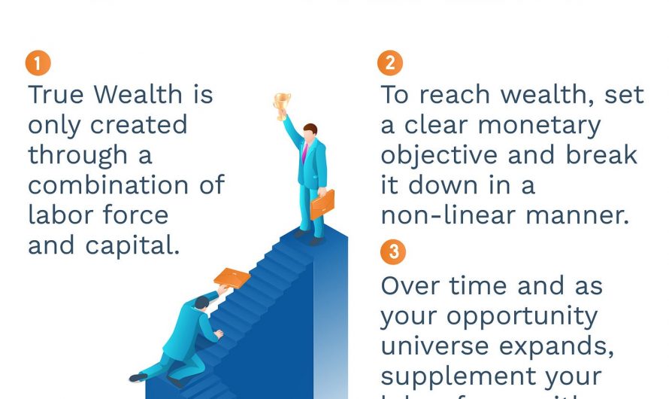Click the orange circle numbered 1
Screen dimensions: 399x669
tap(38, 63)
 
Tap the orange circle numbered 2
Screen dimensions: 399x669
tap(389, 63)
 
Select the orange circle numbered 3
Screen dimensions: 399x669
tap(391, 251)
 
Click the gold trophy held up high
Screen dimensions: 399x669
tap(281, 104)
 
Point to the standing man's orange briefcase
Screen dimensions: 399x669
tap(322, 204)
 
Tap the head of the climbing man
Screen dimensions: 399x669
tap(201, 303)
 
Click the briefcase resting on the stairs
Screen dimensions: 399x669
tap(232, 278)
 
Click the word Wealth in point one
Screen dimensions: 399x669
tap(153, 95)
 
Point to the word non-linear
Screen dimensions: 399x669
tap(458, 215)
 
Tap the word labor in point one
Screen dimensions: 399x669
tap(60, 215)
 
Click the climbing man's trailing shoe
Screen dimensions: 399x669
tap(138, 376)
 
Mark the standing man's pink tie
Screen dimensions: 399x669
tap(305, 152)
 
